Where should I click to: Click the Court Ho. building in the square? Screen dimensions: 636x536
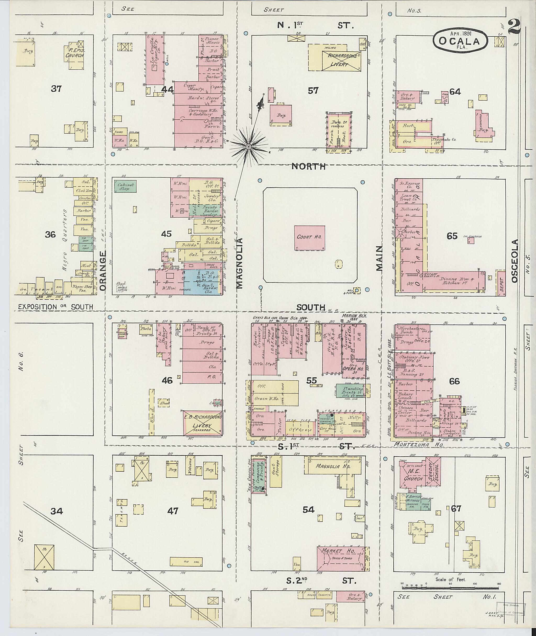[309, 238]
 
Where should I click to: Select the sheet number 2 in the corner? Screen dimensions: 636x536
[513, 27]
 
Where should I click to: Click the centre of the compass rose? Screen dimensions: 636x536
[249, 147]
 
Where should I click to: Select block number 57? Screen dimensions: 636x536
[313, 90]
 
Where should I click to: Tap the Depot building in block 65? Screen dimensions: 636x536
[501, 283]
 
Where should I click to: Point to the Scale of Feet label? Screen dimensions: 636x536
[450, 579]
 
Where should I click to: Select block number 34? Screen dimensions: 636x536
[57, 511]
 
